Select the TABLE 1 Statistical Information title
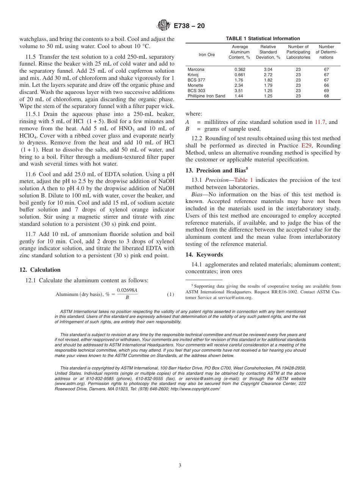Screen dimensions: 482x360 (263, 39)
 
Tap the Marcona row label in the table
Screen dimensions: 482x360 (196, 70)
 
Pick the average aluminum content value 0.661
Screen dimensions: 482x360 (239, 75)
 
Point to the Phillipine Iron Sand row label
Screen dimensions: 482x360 (206, 96)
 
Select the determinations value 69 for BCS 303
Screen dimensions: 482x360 (326, 91)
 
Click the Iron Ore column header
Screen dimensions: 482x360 (207, 55)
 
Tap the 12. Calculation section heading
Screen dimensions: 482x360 (40, 270)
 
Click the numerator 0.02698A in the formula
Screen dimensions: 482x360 (127, 290)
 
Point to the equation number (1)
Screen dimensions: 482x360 (171, 294)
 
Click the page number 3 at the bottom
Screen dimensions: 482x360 (180, 465)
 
